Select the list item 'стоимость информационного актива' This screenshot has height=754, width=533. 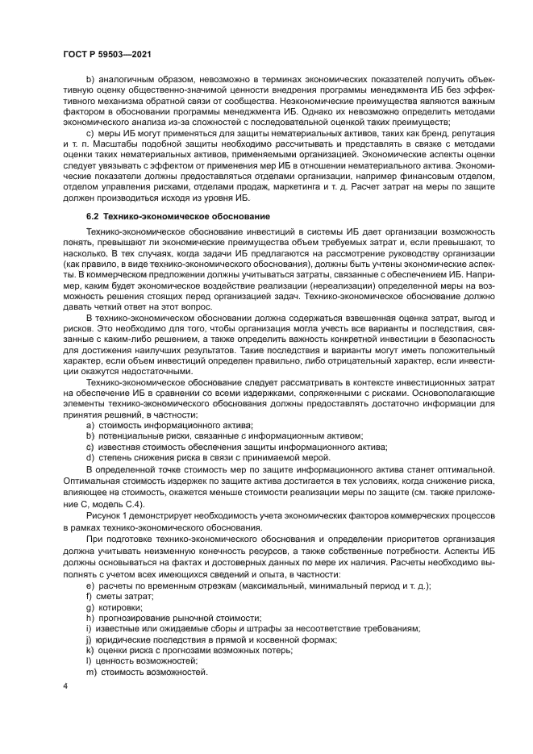coord(176,424)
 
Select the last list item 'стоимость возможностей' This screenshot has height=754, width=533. coord(152,672)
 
